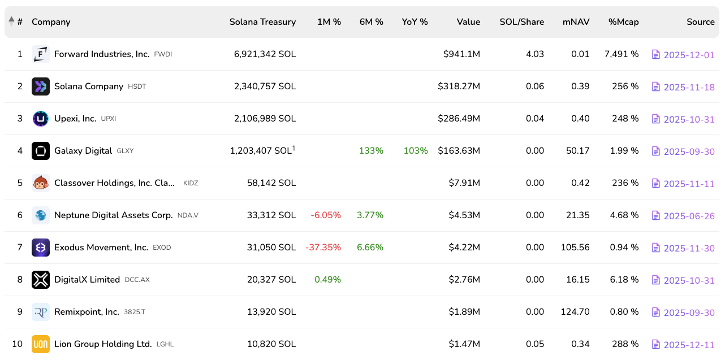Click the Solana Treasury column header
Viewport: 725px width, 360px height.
tap(262, 22)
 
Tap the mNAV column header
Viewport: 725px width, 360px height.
tap(576, 22)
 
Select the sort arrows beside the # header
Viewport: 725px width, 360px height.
tap(11, 21)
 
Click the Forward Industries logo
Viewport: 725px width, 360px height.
tap(41, 54)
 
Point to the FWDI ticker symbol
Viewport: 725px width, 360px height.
tap(163, 55)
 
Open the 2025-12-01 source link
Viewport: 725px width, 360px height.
tap(689, 55)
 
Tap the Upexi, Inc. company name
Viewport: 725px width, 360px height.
tap(75, 119)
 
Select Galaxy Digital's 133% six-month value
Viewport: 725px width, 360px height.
tap(371, 151)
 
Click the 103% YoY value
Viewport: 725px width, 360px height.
tap(416, 151)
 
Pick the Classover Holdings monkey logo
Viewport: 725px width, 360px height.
tap(41, 183)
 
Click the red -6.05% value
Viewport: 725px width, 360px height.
tap(326, 215)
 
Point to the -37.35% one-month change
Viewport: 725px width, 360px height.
tap(323, 248)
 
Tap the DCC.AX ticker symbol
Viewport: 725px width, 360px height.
tap(137, 280)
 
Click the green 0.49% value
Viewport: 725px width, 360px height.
tap(327, 280)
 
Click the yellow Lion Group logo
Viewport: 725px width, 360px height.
tap(41, 344)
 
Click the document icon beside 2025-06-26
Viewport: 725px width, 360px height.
tap(656, 215)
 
